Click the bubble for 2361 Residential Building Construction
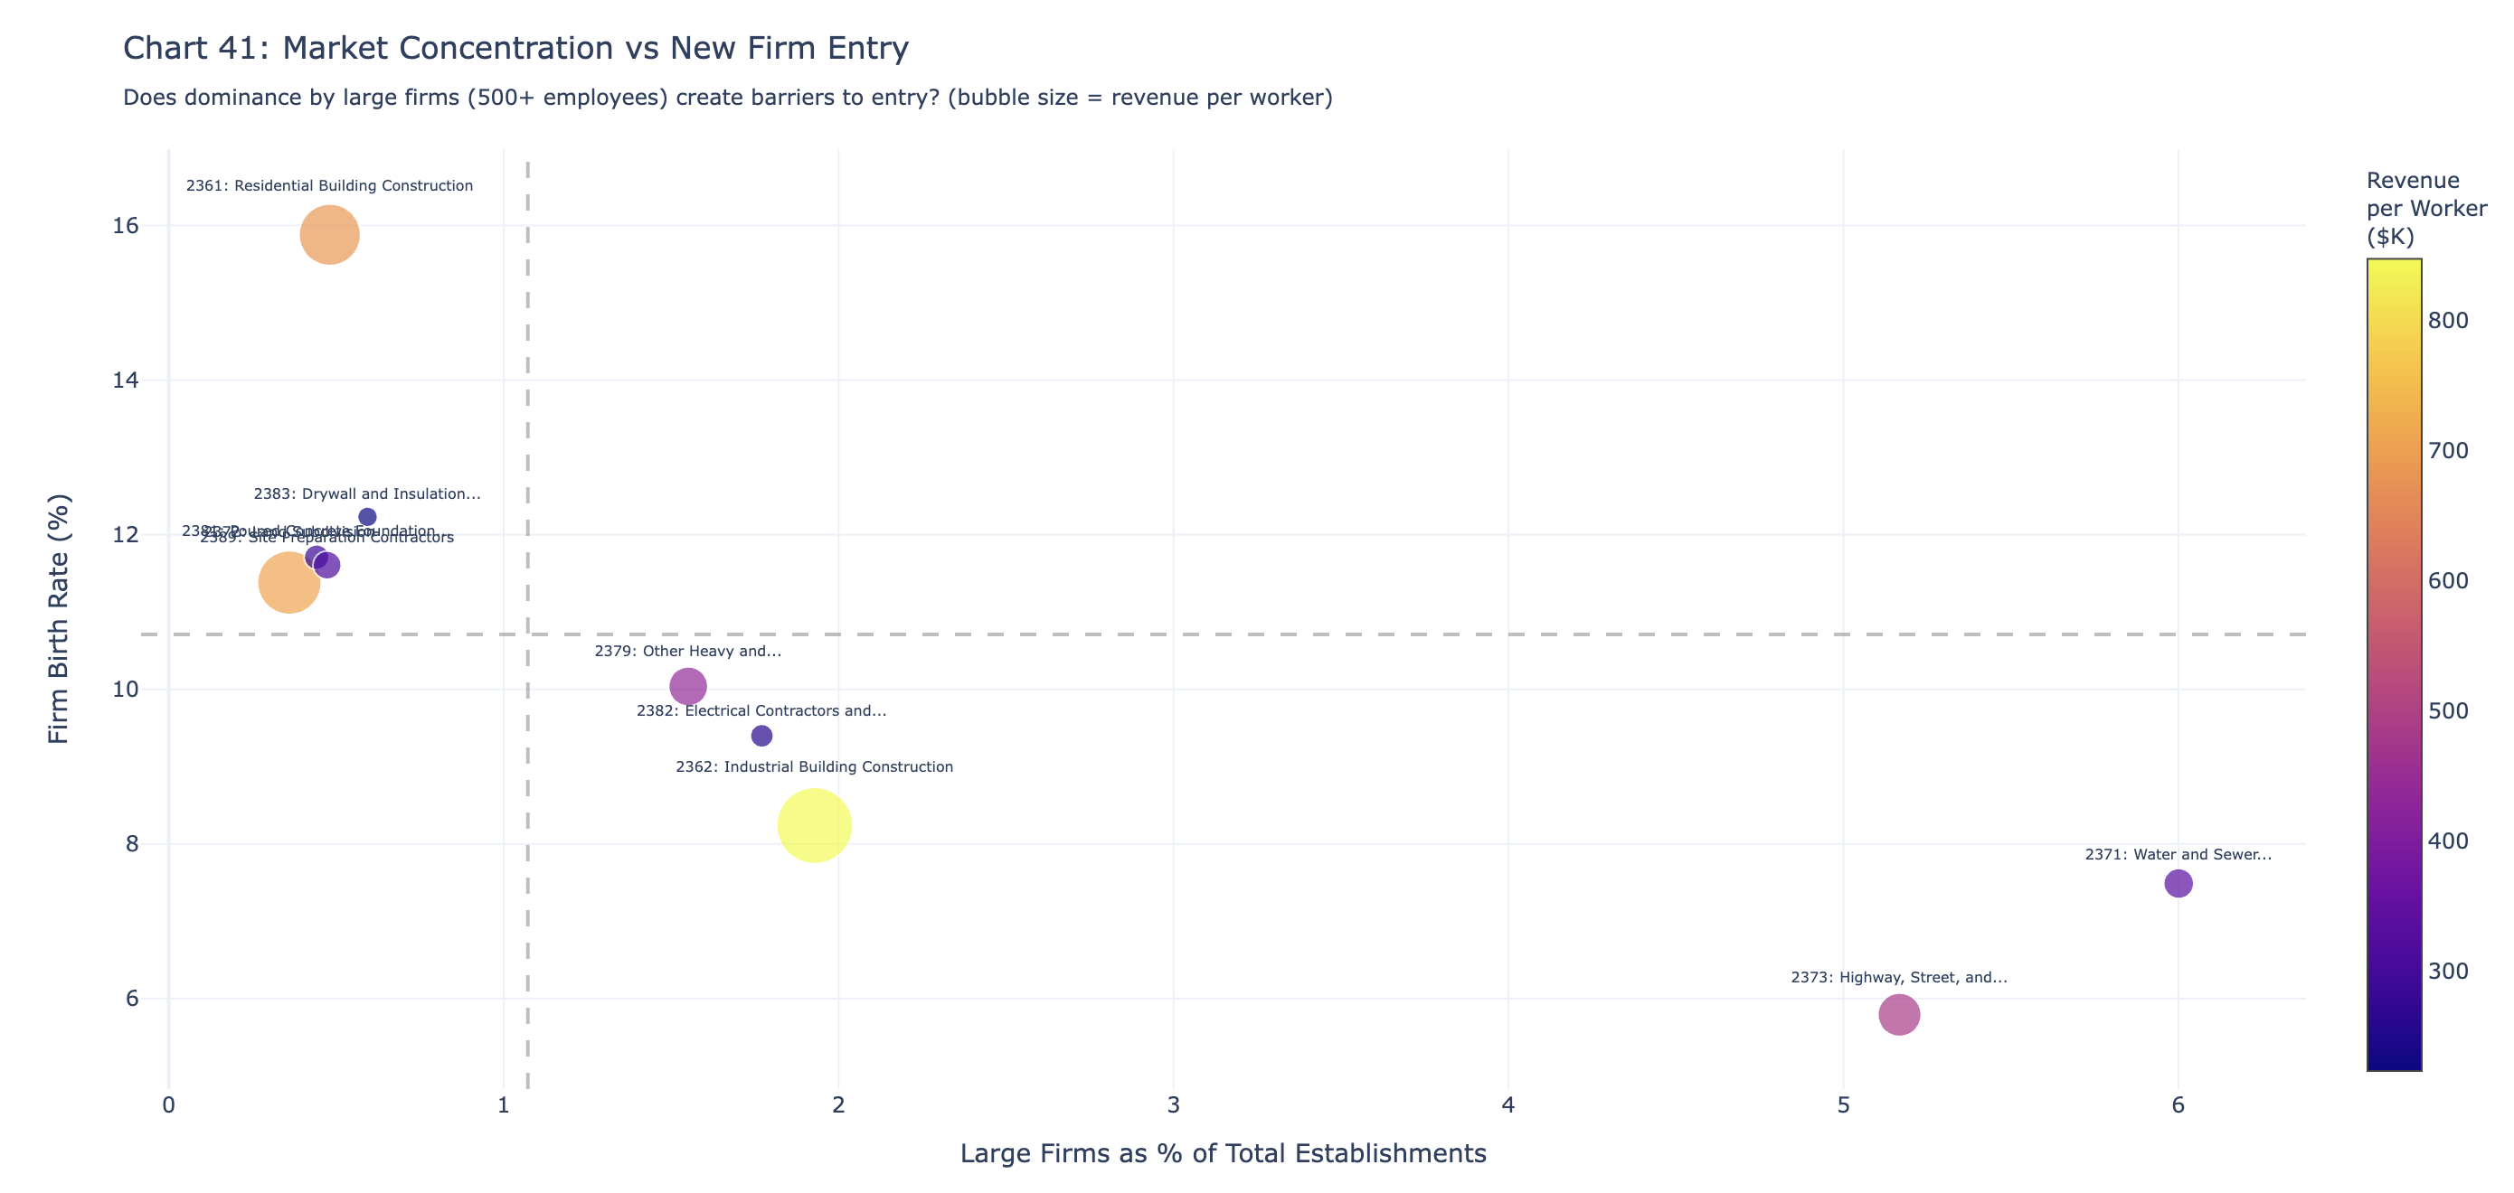[330, 234]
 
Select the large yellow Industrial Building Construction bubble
[814, 825]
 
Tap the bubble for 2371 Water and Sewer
[2178, 883]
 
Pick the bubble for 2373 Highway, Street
[1899, 1014]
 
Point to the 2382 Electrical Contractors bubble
[761, 736]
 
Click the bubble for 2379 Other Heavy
[688, 686]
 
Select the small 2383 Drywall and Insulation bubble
[367, 517]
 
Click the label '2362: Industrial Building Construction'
[814, 766]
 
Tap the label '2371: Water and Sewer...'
[2178, 854]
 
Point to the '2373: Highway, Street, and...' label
[1899, 977]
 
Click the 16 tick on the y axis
[126, 225]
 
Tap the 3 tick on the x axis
[1173, 1105]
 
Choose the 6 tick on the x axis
[2178, 1105]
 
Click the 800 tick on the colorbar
[2448, 320]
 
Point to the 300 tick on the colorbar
[2448, 971]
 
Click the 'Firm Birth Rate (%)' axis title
[59, 618]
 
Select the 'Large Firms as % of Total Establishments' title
[1223, 1153]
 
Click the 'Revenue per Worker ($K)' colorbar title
[2426, 208]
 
